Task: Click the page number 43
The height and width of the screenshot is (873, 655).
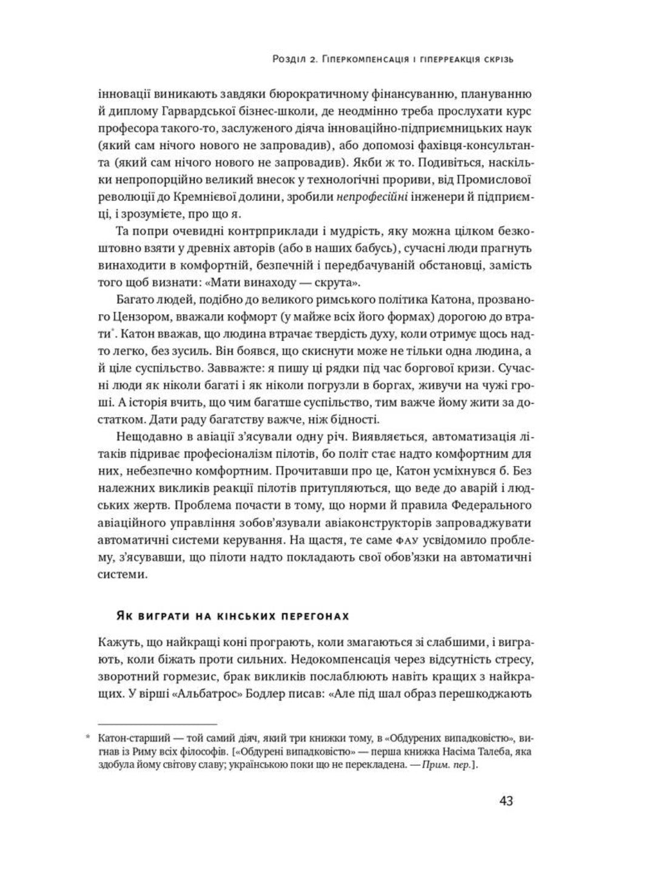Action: coord(507,800)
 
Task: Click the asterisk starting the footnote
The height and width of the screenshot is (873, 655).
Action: coord(87,738)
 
